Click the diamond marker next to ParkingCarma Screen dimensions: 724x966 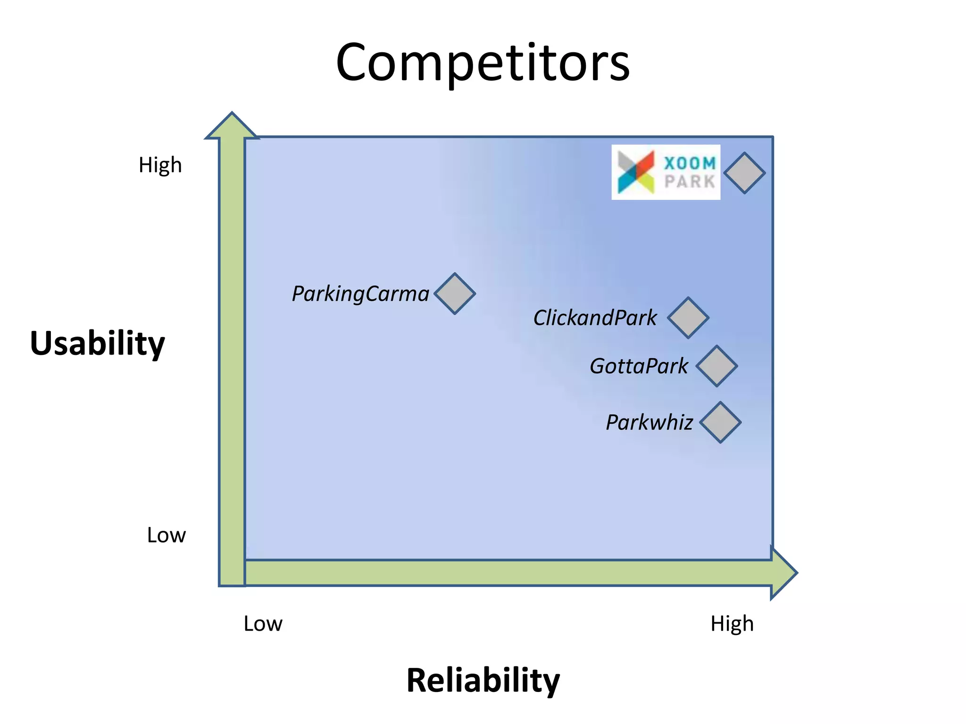pos(455,294)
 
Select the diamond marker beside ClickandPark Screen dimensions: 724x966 pos(688,318)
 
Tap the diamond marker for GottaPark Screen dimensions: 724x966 pos(716,366)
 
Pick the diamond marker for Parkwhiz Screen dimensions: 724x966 pos(720,422)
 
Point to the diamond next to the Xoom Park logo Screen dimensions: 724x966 pos(744,173)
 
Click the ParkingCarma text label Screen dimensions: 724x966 pos(360,294)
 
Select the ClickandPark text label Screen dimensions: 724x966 pos(595,318)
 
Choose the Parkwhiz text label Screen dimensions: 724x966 pos(650,423)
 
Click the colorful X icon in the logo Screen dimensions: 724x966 pos(636,172)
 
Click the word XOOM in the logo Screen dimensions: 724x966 pos(690,164)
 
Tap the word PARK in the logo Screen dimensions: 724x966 pos(690,181)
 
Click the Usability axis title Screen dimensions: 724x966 pos(97,343)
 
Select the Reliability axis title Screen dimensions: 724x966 pos(483,681)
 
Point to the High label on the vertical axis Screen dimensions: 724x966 pos(160,165)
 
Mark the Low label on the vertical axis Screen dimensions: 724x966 pos(166,535)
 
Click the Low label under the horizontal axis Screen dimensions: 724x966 pos(263,624)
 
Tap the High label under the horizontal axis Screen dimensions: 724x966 pos(732,624)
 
